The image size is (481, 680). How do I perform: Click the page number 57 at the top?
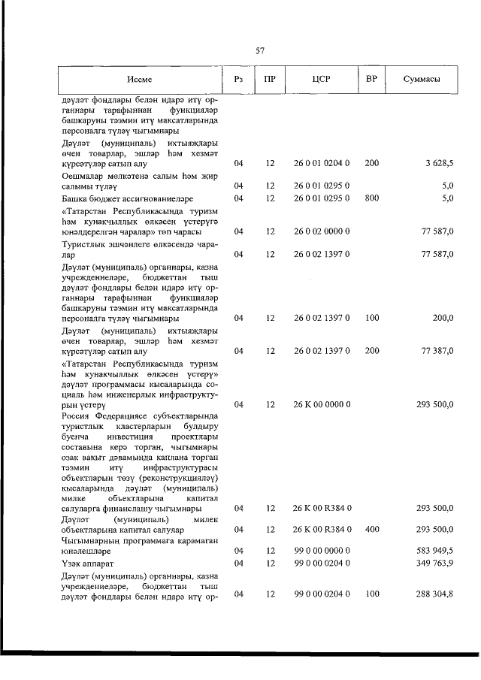pyautogui.click(x=260, y=50)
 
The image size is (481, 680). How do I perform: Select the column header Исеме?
pyautogui.click(x=139, y=79)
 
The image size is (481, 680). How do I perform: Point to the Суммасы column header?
pyautogui.click(x=422, y=79)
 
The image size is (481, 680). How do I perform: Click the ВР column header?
pyautogui.click(x=371, y=79)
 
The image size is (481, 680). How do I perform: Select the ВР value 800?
pyautogui.click(x=371, y=198)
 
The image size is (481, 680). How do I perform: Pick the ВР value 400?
pyautogui.click(x=371, y=529)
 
